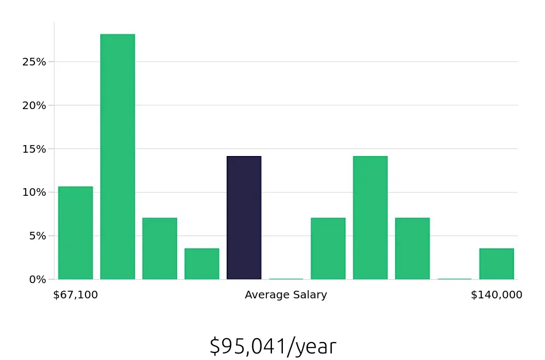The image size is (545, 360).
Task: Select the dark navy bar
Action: click(x=244, y=218)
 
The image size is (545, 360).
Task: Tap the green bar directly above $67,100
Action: click(x=76, y=233)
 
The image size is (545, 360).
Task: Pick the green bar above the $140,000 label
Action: click(x=496, y=264)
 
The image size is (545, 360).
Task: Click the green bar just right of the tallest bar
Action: click(x=160, y=249)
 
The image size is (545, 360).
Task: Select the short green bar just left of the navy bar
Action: click(x=202, y=264)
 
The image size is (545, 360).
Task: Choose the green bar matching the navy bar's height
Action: click(x=370, y=218)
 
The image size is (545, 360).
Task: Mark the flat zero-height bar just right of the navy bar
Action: click(x=286, y=279)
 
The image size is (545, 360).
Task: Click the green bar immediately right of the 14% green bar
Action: click(x=412, y=249)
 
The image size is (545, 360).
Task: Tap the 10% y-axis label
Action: click(x=35, y=192)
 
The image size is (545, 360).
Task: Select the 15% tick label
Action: click(x=35, y=148)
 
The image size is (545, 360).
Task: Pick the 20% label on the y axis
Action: click(x=35, y=105)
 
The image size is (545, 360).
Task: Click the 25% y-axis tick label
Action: click(x=35, y=62)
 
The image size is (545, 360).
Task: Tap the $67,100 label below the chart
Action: click(x=76, y=295)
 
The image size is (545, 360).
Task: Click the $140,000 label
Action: click(x=496, y=295)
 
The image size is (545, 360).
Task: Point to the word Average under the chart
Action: click(x=265, y=295)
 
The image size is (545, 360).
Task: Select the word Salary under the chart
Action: click(x=310, y=295)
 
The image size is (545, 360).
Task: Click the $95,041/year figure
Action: click(x=273, y=346)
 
